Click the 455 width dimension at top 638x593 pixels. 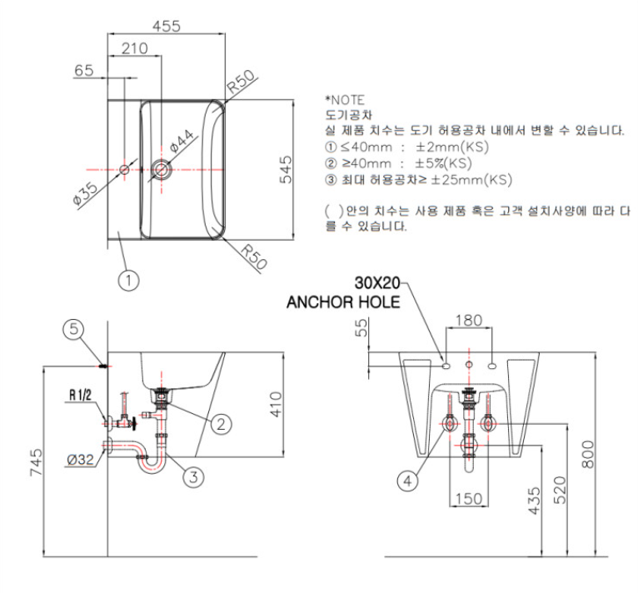tap(167, 27)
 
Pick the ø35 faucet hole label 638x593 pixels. tap(86, 192)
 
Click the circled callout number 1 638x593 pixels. tap(128, 281)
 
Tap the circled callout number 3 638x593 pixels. tap(192, 476)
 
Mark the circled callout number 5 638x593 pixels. tap(73, 330)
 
